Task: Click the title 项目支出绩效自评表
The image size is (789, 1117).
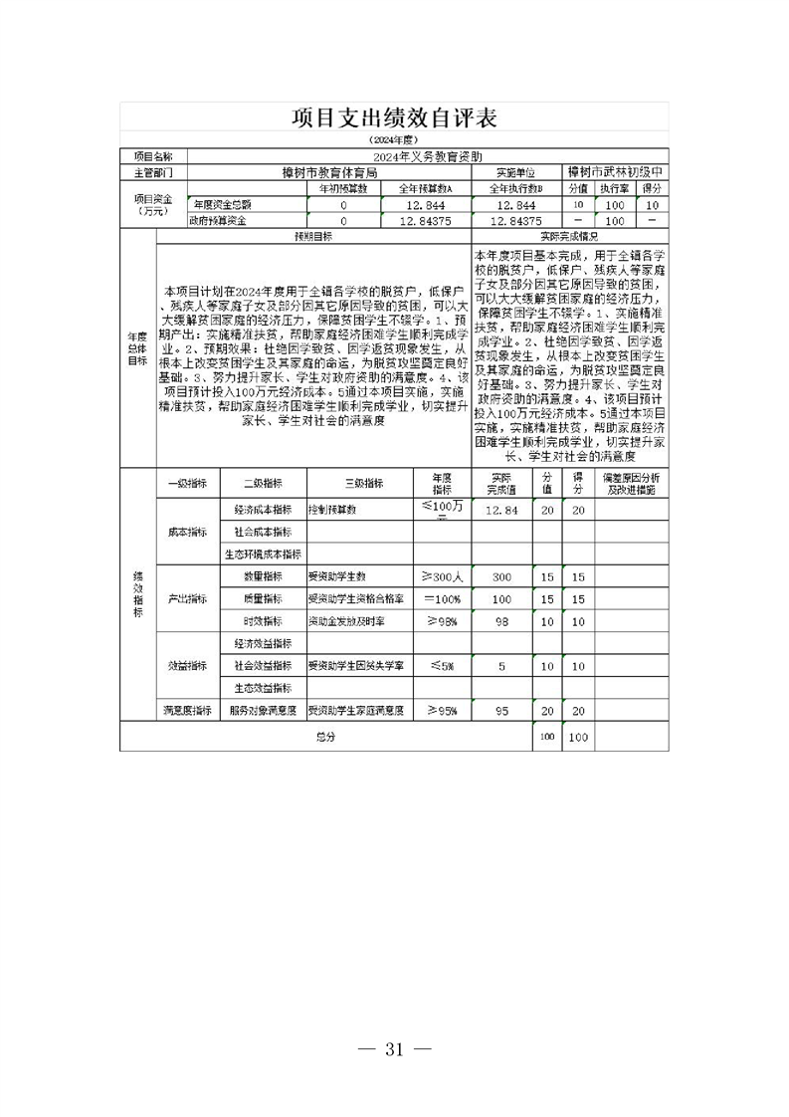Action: click(x=394, y=118)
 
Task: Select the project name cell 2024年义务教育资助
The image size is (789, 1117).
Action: click(x=428, y=156)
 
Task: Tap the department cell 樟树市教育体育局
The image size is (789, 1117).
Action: click(x=329, y=171)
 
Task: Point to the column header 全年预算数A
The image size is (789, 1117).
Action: click(x=425, y=187)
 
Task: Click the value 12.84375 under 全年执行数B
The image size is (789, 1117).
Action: click(x=516, y=221)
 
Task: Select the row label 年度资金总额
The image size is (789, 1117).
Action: click(x=224, y=204)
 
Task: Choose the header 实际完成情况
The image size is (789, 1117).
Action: click(x=569, y=237)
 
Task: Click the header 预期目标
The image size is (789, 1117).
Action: click(x=313, y=237)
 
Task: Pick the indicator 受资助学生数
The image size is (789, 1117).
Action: click(x=337, y=576)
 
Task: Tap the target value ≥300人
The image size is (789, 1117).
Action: click(x=442, y=576)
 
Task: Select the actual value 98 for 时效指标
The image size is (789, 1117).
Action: click(x=501, y=621)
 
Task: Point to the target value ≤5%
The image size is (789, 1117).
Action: click(x=442, y=666)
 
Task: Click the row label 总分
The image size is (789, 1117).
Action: click(x=326, y=737)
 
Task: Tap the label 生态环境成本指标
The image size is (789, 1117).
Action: click(x=263, y=554)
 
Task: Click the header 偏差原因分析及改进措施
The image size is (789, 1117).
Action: click(x=632, y=484)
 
